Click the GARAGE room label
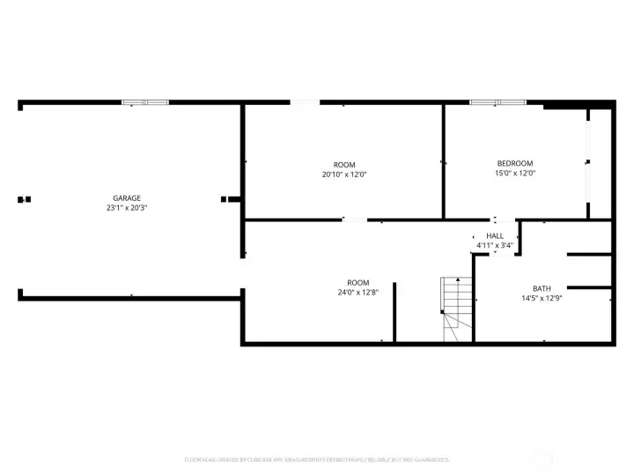pos(127,198)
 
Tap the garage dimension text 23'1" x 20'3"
pos(127,208)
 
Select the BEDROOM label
pos(515,163)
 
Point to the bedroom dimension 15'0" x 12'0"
pos(515,174)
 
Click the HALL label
pos(495,235)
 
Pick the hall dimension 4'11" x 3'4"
pos(495,245)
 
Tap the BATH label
pos(542,288)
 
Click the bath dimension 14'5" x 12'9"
pos(542,298)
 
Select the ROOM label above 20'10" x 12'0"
pos(344,165)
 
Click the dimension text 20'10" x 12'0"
pos(344,175)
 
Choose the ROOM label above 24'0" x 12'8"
pos(358,282)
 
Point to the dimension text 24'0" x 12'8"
pos(358,293)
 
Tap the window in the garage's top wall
pos(144,102)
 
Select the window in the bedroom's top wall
pos(498,102)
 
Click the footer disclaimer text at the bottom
pos(317,459)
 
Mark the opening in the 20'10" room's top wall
pos(305,102)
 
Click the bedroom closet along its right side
pos(600,163)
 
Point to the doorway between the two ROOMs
pos(355,219)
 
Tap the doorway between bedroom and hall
pos(494,219)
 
